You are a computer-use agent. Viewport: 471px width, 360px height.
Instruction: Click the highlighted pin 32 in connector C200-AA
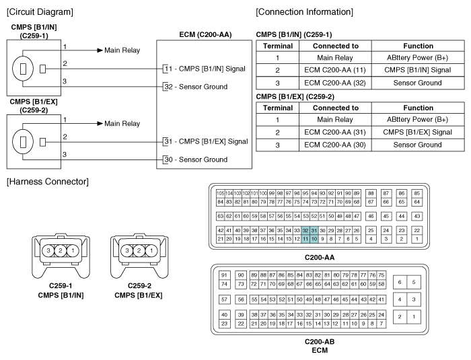point(305,231)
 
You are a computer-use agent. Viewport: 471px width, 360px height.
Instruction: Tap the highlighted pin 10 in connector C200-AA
point(314,239)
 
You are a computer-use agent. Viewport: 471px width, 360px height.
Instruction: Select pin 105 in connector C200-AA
point(220,193)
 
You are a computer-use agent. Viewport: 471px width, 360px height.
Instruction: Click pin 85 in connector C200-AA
point(417,193)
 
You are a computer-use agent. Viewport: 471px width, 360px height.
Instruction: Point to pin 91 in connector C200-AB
point(224,275)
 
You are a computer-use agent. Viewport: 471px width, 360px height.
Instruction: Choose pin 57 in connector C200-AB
point(224,299)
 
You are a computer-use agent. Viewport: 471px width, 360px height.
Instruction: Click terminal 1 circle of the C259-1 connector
point(73,250)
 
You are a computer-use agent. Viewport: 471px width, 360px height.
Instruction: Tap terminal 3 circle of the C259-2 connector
point(127,250)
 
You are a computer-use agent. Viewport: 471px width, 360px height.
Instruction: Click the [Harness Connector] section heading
point(48,182)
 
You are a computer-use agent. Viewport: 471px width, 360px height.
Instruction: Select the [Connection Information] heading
point(304,12)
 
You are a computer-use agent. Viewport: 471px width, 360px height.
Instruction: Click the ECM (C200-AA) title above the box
point(205,34)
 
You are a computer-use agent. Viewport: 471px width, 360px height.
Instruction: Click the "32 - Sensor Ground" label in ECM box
point(196,87)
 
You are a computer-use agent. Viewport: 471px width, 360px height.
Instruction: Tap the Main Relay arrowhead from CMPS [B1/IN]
point(100,50)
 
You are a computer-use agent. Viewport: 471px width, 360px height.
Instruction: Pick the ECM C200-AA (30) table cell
point(335,145)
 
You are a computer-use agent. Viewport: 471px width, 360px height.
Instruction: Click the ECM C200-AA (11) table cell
point(335,70)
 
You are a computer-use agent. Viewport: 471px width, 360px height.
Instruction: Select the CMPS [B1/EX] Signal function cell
point(418,132)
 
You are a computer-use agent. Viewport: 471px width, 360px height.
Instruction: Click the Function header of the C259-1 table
point(418,46)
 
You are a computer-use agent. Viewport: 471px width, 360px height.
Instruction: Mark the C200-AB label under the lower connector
point(320,342)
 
